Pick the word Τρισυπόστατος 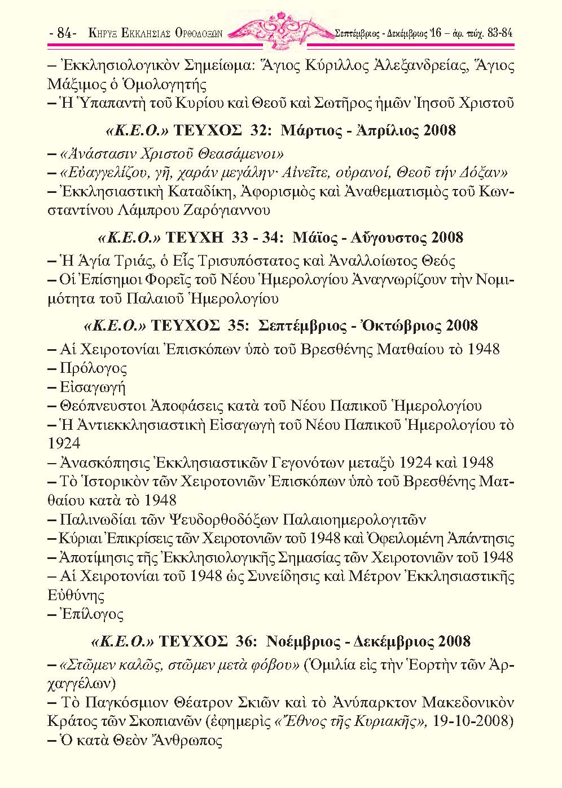pyautogui.click(x=282, y=261)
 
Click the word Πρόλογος pyautogui.click(x=93, y=368)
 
